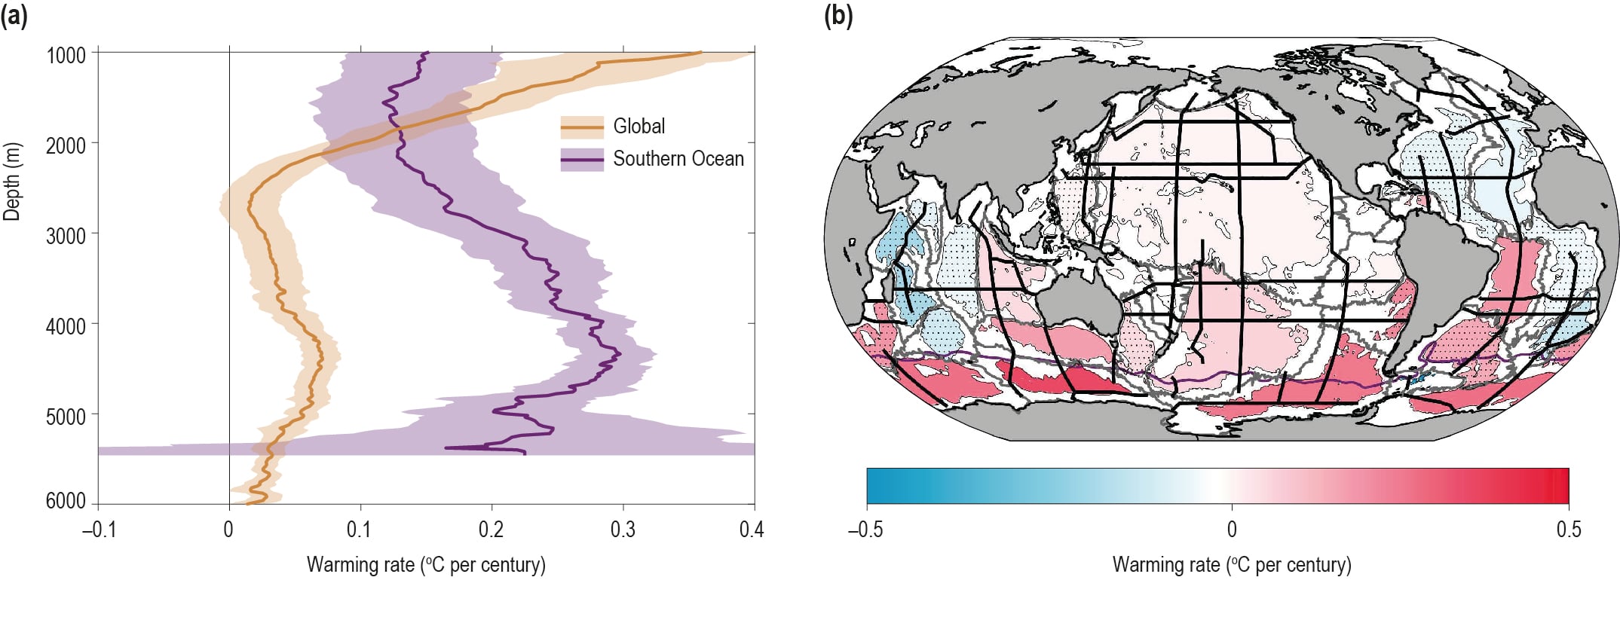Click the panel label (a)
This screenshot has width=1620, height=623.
coord(14,15)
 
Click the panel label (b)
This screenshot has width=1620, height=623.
coord(838,15)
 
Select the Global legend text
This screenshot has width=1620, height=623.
coord(639,126)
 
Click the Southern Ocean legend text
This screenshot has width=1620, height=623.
coord(678,158)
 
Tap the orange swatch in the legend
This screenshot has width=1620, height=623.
coord(582,127)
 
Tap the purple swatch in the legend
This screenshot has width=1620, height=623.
coord(582,160)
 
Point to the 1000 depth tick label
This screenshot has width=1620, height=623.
coord(66,56)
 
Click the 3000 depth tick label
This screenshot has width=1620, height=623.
coord(66,236)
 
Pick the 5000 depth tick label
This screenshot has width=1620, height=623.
coord(66,417)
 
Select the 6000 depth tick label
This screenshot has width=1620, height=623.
coord(66,501)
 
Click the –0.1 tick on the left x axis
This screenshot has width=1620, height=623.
coord(100,530)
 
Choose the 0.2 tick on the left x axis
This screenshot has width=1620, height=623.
coord(492,530)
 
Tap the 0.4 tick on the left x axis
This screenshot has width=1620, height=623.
coord(752,530)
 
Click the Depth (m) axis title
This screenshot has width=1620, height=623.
coord(12,182)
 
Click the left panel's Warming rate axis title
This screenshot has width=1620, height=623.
coord(426,565)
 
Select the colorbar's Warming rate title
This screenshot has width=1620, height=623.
coord(1232,565)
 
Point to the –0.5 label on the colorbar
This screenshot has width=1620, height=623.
coord(865,530)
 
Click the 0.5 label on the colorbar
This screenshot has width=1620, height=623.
coord(1569,530)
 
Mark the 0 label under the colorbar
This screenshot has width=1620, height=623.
coord(1232,530)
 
